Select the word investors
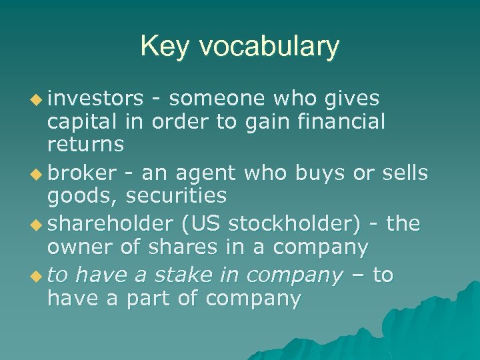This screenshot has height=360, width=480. pyautogui.click(x=95, y=99)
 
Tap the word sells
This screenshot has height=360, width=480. pyautogui.click(x=404, y=173)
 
